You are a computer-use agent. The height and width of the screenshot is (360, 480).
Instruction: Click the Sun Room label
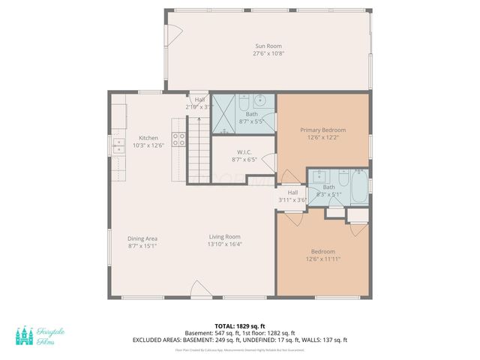click(x=268, y=46)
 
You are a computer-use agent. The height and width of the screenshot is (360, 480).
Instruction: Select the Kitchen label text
click(x=148, y=138)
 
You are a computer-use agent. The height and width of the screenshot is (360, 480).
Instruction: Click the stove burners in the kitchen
click(x=180, y=139)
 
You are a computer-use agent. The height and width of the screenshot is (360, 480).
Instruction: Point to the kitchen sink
click(x=118, y=145)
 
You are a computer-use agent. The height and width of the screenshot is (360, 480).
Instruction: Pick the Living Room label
click(x=224, y=237)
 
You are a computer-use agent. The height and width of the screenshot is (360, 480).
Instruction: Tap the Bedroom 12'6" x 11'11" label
click(x=322, y=255)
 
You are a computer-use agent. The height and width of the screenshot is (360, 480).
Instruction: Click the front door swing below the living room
click(x=198, y=291)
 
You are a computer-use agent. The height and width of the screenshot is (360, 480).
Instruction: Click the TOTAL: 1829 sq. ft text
click(x=239, y=326)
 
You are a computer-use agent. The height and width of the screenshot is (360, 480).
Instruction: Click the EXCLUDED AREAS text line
click(x=239, y=340)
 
